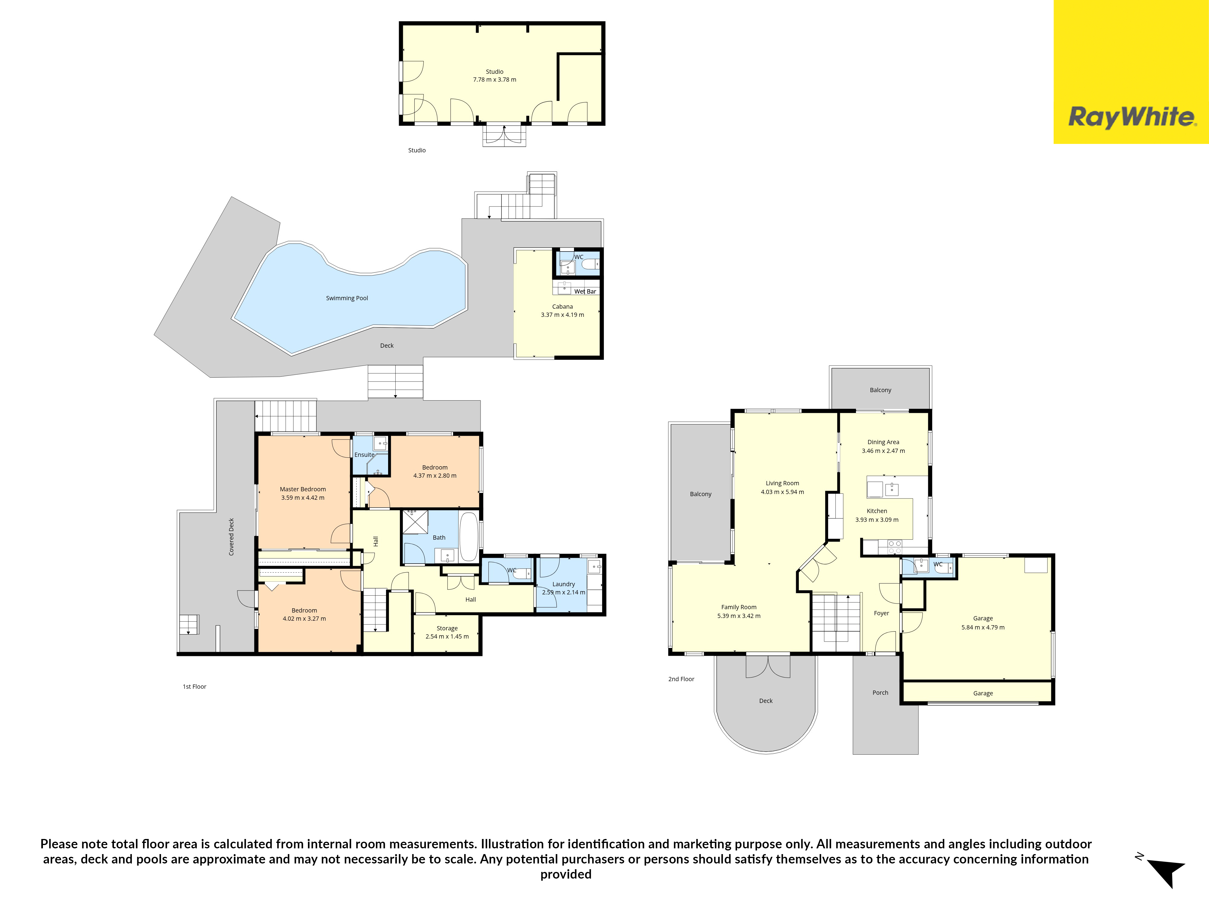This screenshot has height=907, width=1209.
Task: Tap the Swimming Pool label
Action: tap(347, 298)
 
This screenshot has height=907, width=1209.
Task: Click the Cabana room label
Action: tap(562, 307)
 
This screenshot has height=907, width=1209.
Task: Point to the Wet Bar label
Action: tap(585, 291)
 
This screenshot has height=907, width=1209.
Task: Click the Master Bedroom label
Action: tap(303, 489)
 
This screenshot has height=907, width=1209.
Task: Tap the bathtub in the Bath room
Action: tap(468, 537)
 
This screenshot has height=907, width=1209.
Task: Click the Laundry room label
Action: tap(563, 584)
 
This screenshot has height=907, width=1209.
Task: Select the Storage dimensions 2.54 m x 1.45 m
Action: tap(447, 636)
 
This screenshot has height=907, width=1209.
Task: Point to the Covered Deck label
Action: tap(231, 537)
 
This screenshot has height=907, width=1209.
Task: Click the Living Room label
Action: tap(782, 483)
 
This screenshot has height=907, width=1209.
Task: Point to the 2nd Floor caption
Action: tap(681, 679)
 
